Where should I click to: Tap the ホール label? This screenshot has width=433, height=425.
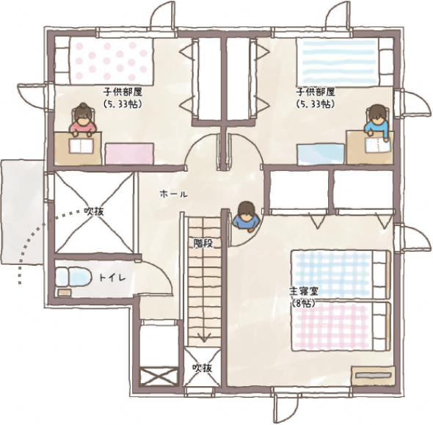[x=174, y=194]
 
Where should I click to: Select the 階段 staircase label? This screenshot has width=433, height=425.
[x=203, y=243]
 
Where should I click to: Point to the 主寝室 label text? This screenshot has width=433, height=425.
[x=304, y=291]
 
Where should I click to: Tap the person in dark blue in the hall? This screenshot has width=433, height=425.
[x=247, y=216]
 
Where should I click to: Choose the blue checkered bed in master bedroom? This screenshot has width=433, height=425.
[x=341, y=275]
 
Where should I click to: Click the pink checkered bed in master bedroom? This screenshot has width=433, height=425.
[x=342, y=327]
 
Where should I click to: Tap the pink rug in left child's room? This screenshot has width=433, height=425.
[x=129, y=154]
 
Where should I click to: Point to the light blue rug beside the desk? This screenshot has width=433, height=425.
[x=321, y=154]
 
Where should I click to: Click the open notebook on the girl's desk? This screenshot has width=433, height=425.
[x=81, y=146]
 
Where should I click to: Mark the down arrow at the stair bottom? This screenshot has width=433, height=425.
[x=203, y=337]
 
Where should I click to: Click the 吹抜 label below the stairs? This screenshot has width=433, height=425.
[x=202, y=368]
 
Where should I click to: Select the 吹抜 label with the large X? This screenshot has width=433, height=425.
[x=94, y=212]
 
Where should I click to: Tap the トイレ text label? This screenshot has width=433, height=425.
[x=112, y=277]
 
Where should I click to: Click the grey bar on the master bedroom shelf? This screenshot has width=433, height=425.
[x=373, y=376]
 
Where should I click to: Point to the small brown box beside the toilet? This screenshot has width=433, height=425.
[x=64, y=292]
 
